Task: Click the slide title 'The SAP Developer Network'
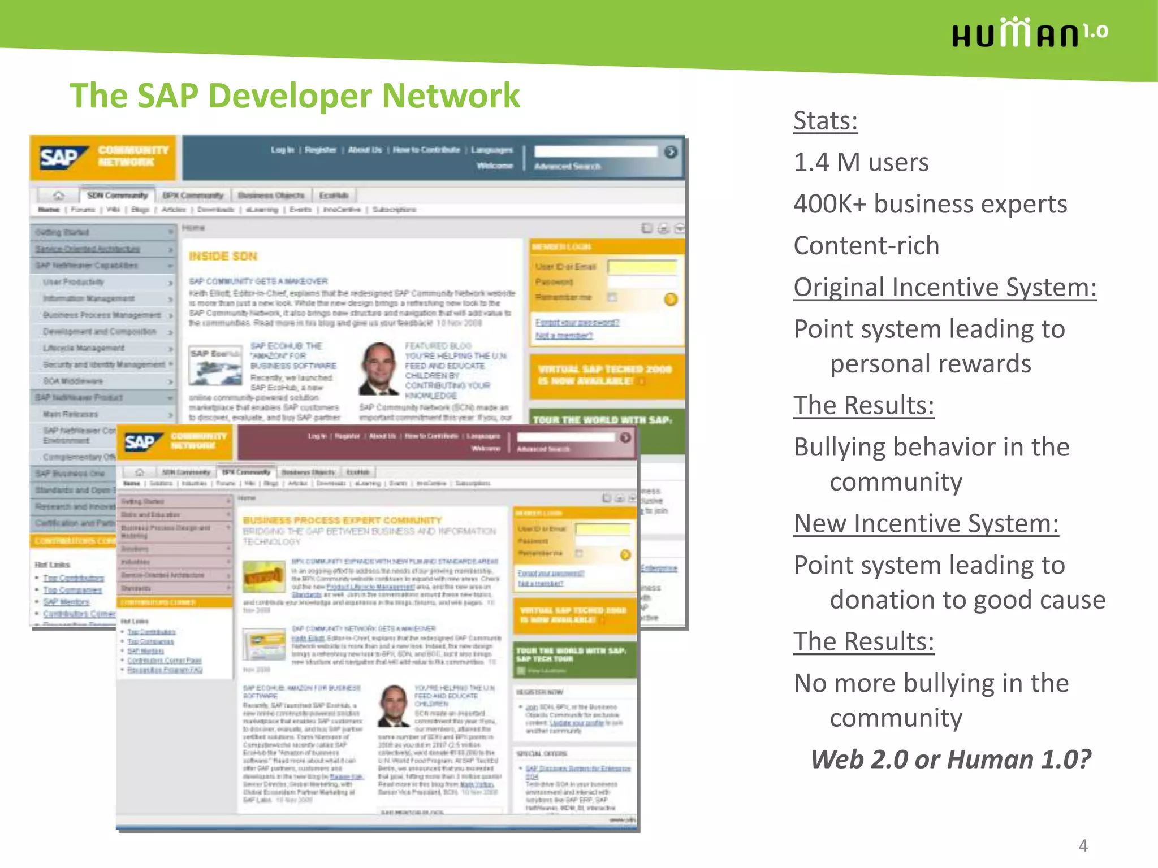point(294,96)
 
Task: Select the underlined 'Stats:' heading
point(825,121)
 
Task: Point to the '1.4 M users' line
point(861,163)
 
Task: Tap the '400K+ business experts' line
point(930,204)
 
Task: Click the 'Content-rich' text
point(866,246)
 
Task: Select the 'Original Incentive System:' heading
point(944,288)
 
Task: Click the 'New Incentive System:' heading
point(926,524)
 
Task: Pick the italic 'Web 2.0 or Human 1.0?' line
point(950,759)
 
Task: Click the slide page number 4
point(1083,845)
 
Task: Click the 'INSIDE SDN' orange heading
point(223,257)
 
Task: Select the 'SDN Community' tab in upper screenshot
point(117,196)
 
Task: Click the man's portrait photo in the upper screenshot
point(378,368)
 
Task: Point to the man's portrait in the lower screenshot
point(393,705)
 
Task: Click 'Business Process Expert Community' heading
point(342,520)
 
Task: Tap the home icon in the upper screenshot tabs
point(58,196)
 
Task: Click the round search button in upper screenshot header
point(671,152)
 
